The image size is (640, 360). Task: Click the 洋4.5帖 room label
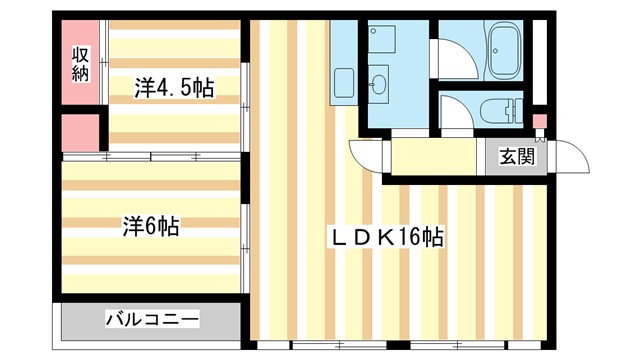click(x=174, y=87)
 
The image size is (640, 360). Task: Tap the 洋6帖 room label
click(x=151, y=226)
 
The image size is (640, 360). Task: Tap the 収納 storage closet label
click(x=80, y=62)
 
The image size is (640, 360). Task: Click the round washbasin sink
click(x=379, y=84)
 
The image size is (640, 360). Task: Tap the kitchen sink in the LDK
click(x=344, y=84)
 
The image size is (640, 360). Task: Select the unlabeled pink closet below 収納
click(x=80, y=132)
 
